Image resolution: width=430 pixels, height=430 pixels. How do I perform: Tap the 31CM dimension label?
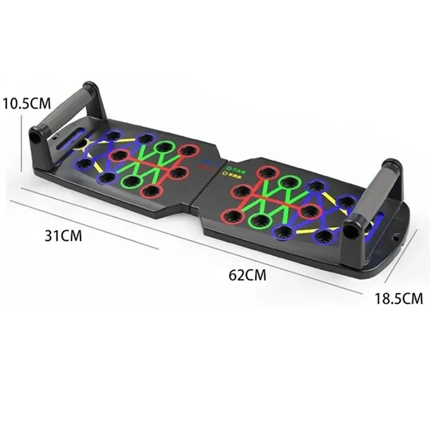pos(64,235)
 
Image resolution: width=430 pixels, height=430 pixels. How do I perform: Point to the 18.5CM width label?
pos(399,297)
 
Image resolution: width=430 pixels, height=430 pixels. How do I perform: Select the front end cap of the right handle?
pos(350,231)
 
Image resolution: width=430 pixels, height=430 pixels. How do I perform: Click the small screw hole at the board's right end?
pos(397,235)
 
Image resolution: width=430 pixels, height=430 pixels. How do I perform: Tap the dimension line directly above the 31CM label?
pos(86,218)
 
